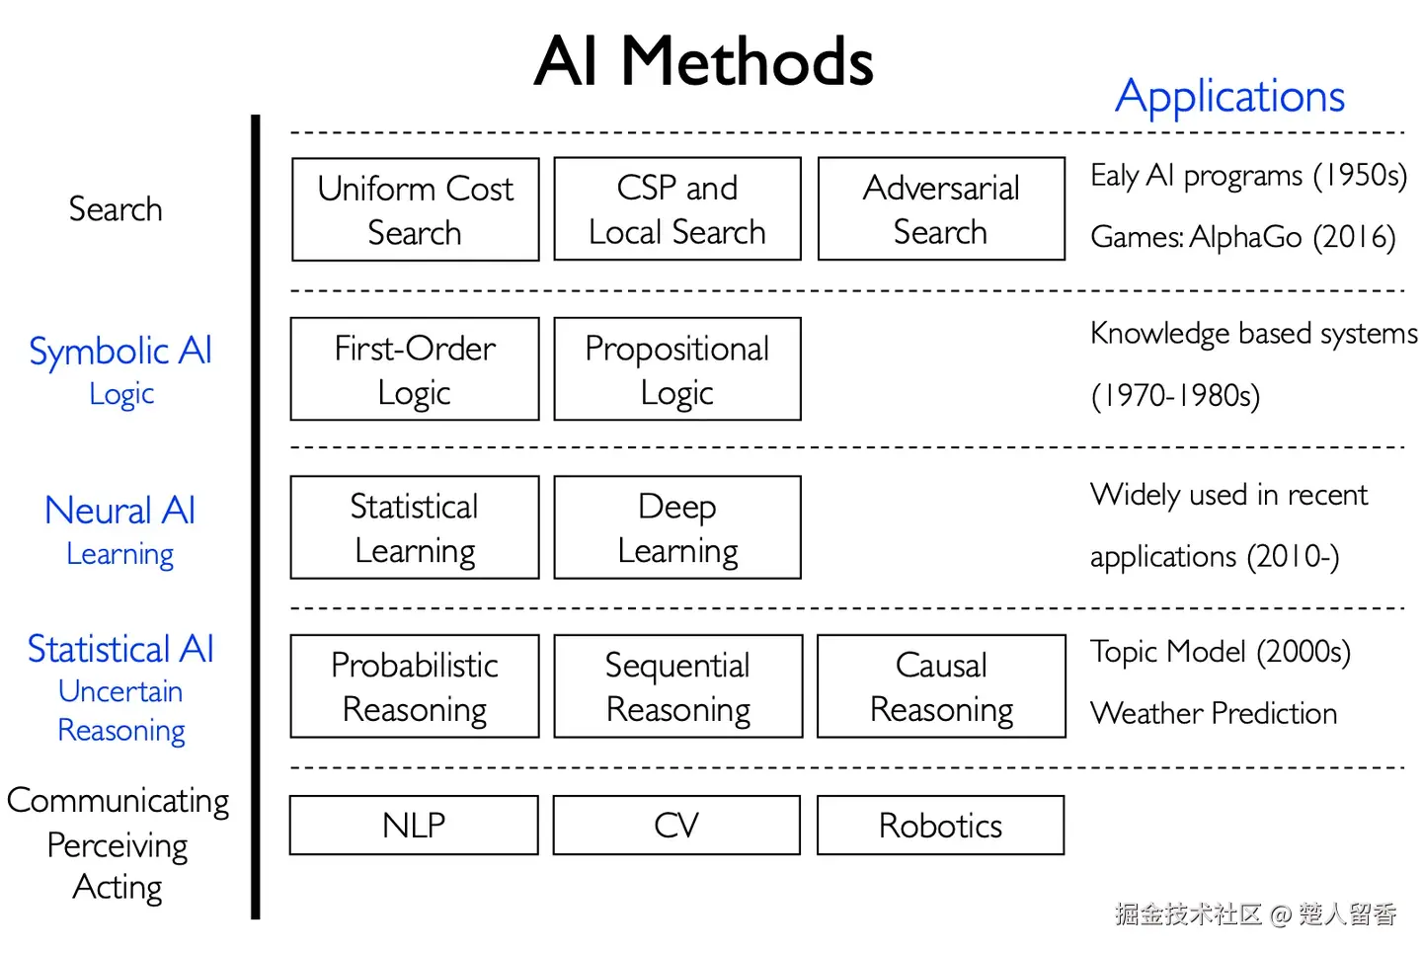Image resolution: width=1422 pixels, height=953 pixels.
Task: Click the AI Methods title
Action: pyautogui.click(x=703, y=62)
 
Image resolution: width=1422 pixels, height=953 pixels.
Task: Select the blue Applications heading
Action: pyautogui.click(x=1229, y=97)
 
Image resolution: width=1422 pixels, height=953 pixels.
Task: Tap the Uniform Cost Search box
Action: pyautogui.click(x=415, y=209)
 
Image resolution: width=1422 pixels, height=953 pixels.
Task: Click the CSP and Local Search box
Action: pyautogui.click(x=677, y=209)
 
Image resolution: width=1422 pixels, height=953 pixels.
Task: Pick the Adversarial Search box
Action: pyautogui.click(x=941, y=209)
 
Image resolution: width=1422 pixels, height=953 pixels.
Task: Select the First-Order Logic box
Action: pyautogui.click(x=415, y=369)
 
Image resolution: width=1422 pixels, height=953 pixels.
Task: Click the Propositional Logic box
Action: pyautogui.click(x=677, y=369)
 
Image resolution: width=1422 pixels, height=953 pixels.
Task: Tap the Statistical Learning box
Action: pyautogui.click(x=415, y=527)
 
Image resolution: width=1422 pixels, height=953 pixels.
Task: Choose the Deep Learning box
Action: pyautogui.click(x=677, y=527)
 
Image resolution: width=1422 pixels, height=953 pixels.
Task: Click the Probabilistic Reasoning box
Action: pyautogui.click(x=415, y=686)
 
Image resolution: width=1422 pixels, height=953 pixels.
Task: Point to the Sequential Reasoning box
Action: pyautogui.click(x=678, y=686)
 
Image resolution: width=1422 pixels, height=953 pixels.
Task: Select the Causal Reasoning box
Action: pyautogui.click(x=941, y=686)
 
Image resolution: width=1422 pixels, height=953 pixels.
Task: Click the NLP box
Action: pyautogui.click(x=414, y=825)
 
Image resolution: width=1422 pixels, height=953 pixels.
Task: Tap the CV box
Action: pyautogui.click(x=676, y=825)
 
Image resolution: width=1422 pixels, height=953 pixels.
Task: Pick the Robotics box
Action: pyautogui.click(x=940, y=825)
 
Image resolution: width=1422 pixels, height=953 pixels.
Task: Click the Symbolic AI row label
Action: pyautogui.click(x=120, y=352)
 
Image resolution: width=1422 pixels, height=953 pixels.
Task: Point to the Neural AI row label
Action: pyautogui.click(x=120, y=511)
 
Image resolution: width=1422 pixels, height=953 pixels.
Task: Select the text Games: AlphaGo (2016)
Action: pyautogui.click(x=1242, y=237)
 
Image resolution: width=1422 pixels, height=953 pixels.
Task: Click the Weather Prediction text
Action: pyautogui.click(x=1214, y=713)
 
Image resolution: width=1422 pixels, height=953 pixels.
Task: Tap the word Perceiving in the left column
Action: pyautogui.click(x=118, y=845)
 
